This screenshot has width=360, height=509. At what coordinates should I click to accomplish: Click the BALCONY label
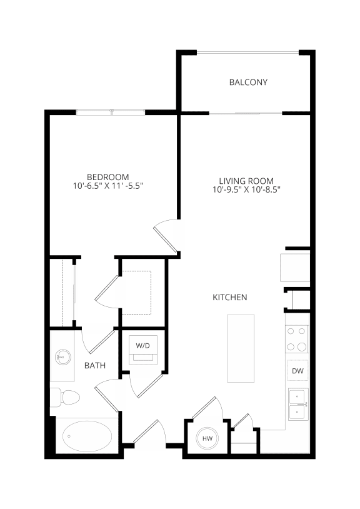click(248, 82)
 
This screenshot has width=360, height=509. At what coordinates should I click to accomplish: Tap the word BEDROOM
click(108, 176)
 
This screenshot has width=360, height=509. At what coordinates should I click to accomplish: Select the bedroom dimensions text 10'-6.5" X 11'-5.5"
click(108, 186)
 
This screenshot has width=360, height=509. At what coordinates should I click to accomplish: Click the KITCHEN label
click(229, 298)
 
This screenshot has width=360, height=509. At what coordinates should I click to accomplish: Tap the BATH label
click(95, 366)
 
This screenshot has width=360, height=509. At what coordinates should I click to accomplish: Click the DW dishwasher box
click(297, 371)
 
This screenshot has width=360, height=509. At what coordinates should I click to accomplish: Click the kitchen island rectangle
click(241, 348)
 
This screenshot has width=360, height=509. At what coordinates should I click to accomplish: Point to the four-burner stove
click(297, 339)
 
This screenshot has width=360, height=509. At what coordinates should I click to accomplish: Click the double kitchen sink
click(297, 404)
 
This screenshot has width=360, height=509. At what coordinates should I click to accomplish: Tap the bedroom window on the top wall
click(111, 113)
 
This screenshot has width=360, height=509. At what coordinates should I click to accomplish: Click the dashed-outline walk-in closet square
click(138, 292)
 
